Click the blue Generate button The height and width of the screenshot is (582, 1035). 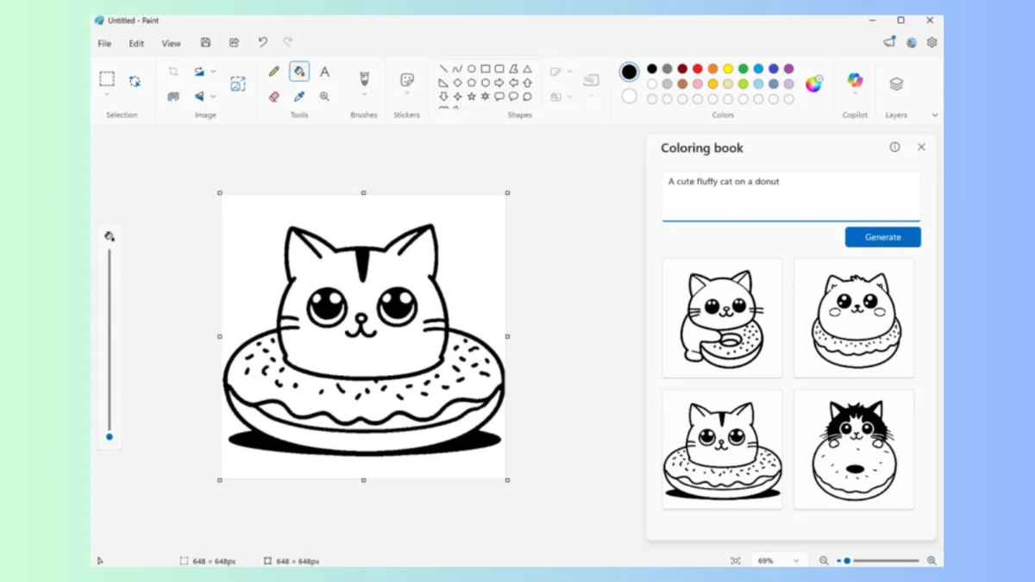point(882,237)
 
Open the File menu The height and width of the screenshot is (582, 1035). point(104,43)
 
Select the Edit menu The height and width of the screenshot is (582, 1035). point(136,43)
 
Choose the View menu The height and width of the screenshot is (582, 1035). point(171,43)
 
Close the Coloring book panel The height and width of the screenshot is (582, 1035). point(921,147)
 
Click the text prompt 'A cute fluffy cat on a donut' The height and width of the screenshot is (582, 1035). point(724,182)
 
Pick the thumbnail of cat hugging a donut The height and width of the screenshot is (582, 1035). point(722,317)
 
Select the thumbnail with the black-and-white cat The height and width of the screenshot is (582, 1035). point(854,448)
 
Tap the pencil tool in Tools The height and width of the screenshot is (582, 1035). point(274,72)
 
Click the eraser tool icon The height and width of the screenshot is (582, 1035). point(274,97)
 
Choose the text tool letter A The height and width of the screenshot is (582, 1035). point(324,72)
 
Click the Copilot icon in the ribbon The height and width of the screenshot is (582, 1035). point(855,81)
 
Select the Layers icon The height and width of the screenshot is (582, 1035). point(896,84)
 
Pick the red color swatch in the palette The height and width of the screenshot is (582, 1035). point(698,69)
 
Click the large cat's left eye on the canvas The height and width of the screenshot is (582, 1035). point(327,306)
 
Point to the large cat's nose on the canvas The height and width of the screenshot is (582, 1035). point(362,319)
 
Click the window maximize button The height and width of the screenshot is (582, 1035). point(900,20)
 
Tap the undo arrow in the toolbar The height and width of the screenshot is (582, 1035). point(262,42)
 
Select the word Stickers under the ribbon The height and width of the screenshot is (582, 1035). point(406,115)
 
